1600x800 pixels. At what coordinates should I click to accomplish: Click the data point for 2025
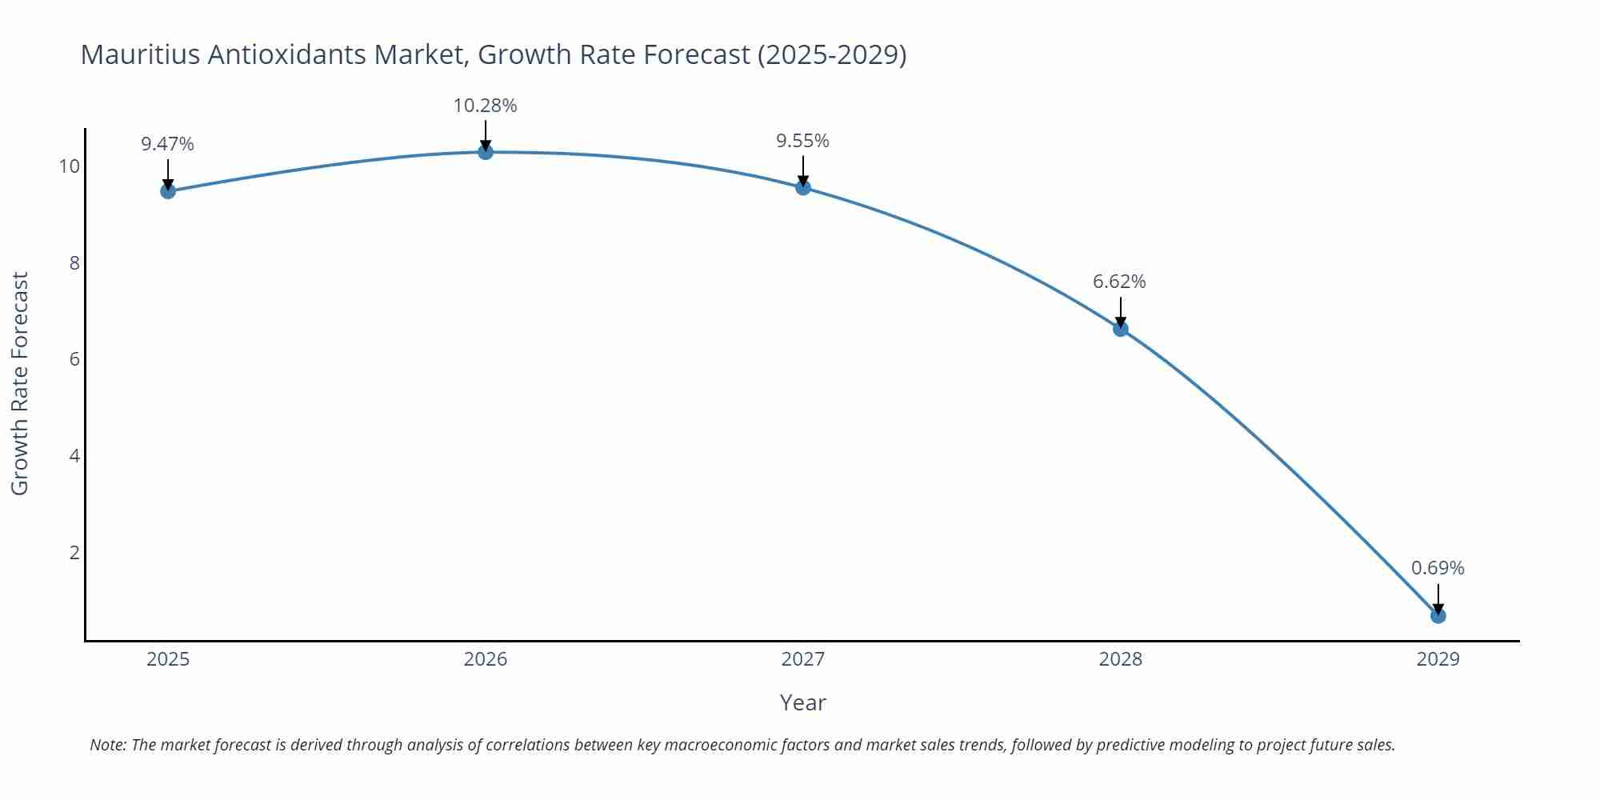point(168,191)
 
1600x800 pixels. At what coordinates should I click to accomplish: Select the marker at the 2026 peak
point(486,152)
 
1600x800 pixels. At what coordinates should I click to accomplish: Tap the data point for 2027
point(803,188)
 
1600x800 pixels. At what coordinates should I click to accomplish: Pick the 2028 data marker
point(1121,329)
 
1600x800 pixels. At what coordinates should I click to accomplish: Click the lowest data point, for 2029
point(1438,616)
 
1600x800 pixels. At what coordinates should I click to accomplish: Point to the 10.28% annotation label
point(485,106)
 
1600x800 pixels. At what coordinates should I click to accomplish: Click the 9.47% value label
point(167,144)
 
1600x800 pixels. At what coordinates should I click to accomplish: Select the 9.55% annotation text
point(802,141)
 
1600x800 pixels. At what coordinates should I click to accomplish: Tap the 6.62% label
point(1119,282)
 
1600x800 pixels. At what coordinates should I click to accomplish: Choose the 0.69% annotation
point(1438,568)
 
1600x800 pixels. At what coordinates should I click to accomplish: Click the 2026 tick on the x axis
point(486,659)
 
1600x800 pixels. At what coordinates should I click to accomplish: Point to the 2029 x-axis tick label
point(1438,659)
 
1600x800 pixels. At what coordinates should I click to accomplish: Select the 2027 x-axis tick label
point(803,659)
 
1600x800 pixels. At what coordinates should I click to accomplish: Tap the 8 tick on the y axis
point(74,263)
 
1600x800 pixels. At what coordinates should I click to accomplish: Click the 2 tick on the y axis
point(74,553)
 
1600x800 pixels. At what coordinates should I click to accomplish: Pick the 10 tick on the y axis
point(70,166)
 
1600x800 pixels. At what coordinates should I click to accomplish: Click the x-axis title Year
point(802,702)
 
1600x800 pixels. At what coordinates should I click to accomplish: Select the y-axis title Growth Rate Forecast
point(20,383)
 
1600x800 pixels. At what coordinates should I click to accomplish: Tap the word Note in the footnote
point(107,745)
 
